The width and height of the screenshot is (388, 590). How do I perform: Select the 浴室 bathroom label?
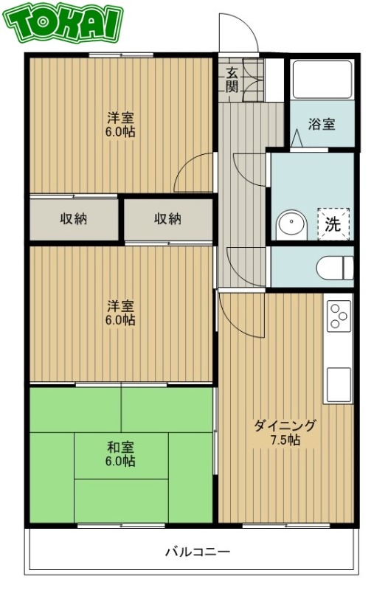pos(322,123)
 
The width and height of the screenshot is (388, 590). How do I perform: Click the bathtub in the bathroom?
pos(322,80)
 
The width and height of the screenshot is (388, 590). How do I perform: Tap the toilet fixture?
pos(336,267)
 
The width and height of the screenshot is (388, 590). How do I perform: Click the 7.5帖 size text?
pos(284,440)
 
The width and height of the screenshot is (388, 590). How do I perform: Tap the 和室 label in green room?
pos(119,447)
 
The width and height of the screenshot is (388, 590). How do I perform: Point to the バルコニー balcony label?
pos(197,551)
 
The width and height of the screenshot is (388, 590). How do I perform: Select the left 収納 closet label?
pos(73,219)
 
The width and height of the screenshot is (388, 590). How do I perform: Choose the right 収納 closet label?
pos(167,219)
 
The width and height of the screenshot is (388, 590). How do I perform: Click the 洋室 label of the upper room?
pos(120,118)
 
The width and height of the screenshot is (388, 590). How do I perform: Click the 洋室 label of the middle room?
pos(120,305)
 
